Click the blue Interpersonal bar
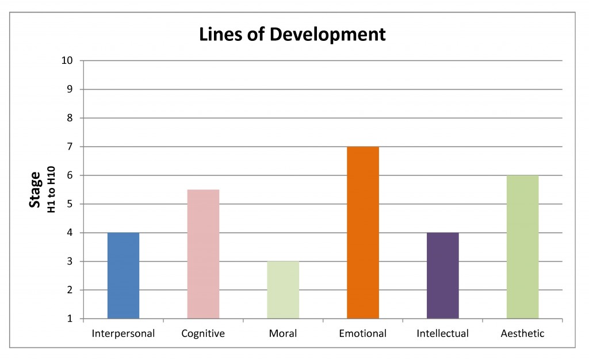click(x=123, y=275)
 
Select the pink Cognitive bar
click(x=203, y=254)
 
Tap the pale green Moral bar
click(x=283, y=290)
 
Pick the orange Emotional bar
click(x=363, y=232)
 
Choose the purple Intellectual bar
click(x=443, y=275)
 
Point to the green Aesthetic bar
click(x=522, y=247)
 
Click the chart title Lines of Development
click(x=292, y=35)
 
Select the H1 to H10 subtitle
click(x=51, y=189)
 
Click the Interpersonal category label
click(x=123, y=334)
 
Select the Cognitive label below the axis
click(x=203, y=334)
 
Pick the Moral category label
click(x=283, y=334)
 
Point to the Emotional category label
click(x=363, y=334)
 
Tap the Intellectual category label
click(x=443, y=334)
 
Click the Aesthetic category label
click(x=522, y=334)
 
